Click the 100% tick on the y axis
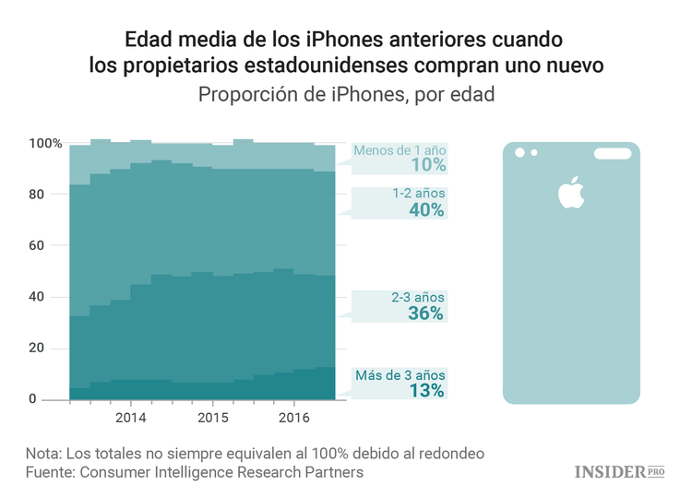pyautogui.click(x=45, y=144)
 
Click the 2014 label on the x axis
pyautogui.click(x=130, y=418)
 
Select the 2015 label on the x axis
pyautogui.click(x=212, y=418)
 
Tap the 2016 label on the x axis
pyautogui.click(x=293, y=418)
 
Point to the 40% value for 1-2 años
pyautogui.click(x=427, y=209)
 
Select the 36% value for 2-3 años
pyautogui.click(x=427, y=314)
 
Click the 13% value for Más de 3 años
pyautogui.click(x=427, y=390)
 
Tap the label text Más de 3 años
pyautogui.click(x=400, y=375)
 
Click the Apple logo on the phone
pyautogui.click(x=569, y=191)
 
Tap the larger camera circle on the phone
pyautogui.click(x=519, y=152)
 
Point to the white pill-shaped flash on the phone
pyautogui.click(x=604, y=152)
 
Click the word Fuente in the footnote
pyautogui.click(x=50, y=472)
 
